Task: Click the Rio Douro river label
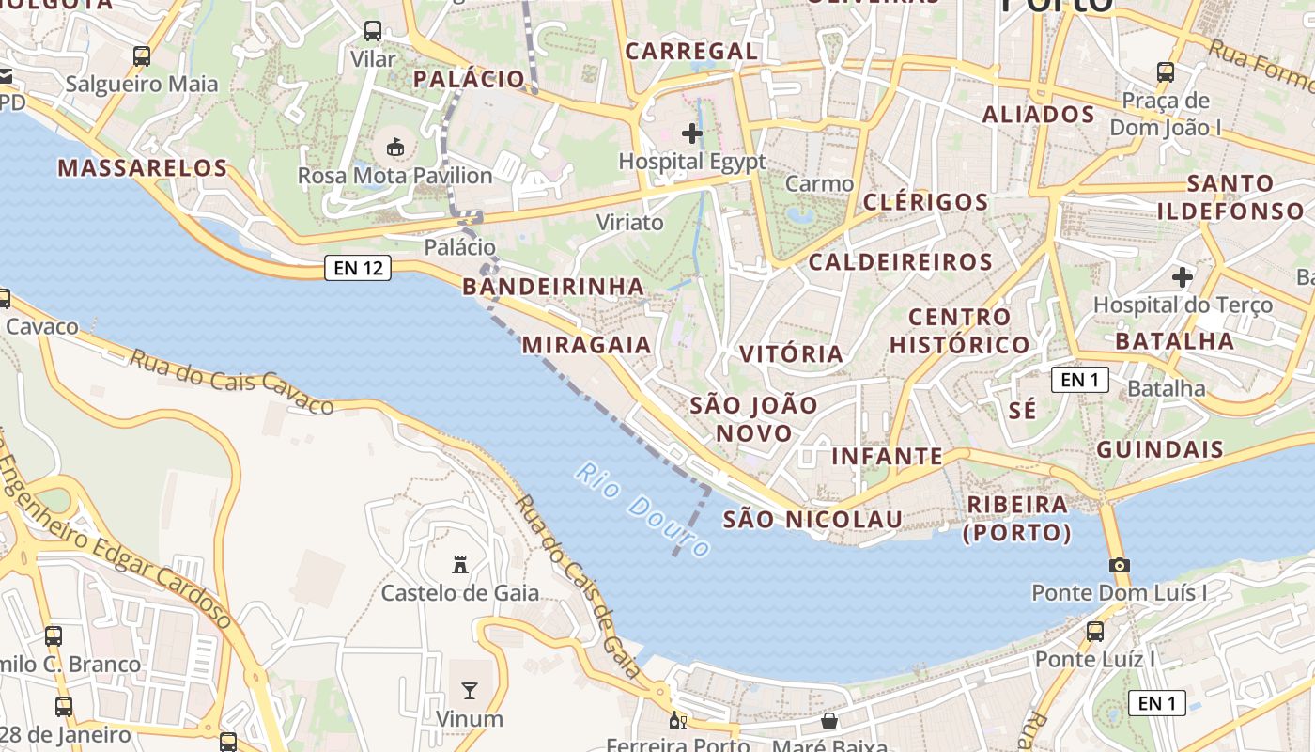pyautogui.click(x=642, y=509)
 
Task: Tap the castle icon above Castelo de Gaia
pyautogui.click(x=460, y=565)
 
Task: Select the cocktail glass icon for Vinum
pyautogui.click(x=470, y=692)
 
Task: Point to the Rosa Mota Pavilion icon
pyautogui.click(x=395, y=148)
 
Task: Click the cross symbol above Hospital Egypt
pyautogui.click(x=692, y=133)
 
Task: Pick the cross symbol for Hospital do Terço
pyautogui.click(x=1183, y=277)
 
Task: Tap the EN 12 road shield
pyautogui.click(x=358, y=268)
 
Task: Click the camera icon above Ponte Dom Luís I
pyautogui.click(x=1119, y=565)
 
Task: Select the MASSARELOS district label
pyautogui.click(x=143, y=168)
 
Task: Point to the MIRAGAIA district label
pyautogui.click(x=587, y=345)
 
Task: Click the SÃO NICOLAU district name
pyautogui.click(x=812, y=519)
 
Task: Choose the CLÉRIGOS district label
pyautogui.click(x=925, y=202)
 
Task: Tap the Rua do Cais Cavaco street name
pyautogui.click(x=231, y=382)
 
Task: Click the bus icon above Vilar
pyautogui.click(x=373, y=31)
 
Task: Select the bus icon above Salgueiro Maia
pyautogui.click(x=142, y=56)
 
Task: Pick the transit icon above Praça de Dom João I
pyautogui.click(x=1166, y=71)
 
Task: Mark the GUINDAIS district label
pyautogui.click(x=1160, y=449)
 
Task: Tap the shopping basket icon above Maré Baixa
pyautogui.click(x=829, y=721)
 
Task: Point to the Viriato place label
pyautogui.click(x=629, y=223)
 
